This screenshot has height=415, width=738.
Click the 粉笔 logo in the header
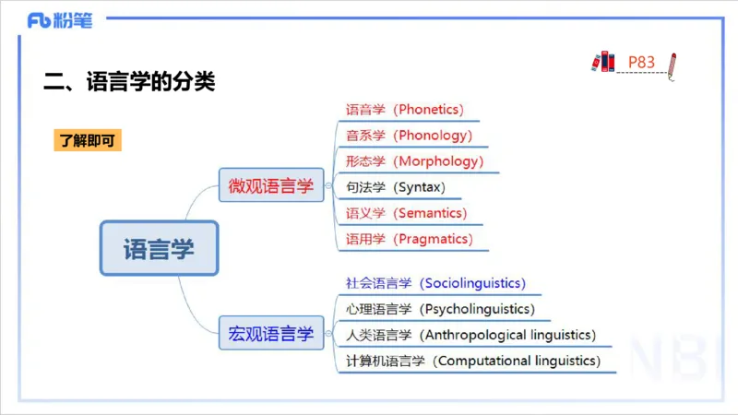(60, 20)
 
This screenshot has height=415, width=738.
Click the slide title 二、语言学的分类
(129, 81)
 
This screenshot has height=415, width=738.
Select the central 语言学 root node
(159, 248)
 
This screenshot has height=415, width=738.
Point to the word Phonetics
(428, 109)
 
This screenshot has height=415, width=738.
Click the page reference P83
(641, 63)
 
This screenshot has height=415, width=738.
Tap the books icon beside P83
(603, 62)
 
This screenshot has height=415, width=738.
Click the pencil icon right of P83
(673, 65)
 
